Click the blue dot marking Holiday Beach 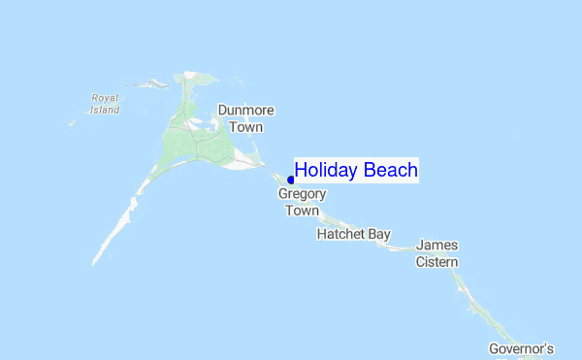(x=291, y=180)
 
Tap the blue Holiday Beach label (x=356, y=171)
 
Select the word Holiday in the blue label (x=327, y=171)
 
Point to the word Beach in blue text (x=391, y=171)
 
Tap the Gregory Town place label (x=302, y=202)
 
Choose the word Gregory (x=302, y=194)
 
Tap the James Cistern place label (x=436, y=253)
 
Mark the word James (x=436, y=245)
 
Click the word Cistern (x=436, y=262)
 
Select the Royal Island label (x=105, y=104)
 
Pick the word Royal (x=105, y=98)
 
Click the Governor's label (x=521, y=348)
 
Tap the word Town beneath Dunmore (x=245, y=127)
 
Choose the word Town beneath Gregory (x=302, y=211)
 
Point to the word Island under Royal (x=105, y=110)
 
